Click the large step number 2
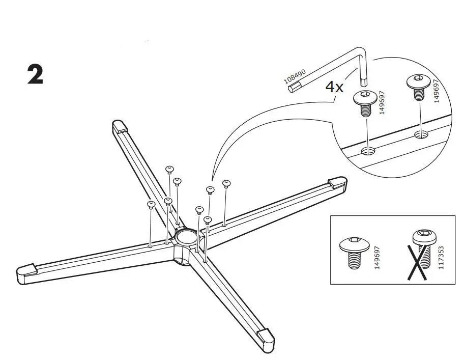click(x=35, y=75)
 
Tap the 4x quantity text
click(x=334, y=87)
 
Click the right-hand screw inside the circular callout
click(x=417, y=87)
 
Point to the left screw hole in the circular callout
click(x=367, y=151)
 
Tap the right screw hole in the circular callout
click(x=421, y=134)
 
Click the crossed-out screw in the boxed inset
click(x=422, y=255)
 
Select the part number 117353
click(x=441, y=256)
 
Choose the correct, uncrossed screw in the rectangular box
click(x=350, y=251)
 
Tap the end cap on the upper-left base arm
click(x=119, y=125)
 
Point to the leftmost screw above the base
click(x=151, y=205)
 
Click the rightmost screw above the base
click(x=227, y=183)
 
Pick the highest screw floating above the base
click(x=170, y=169)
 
